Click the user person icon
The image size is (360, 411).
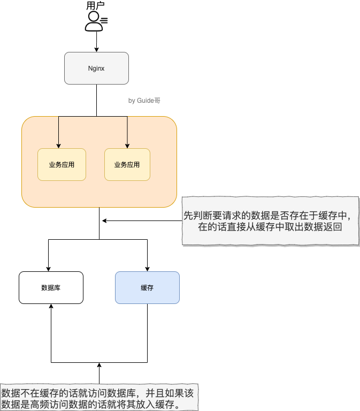coord(95,20)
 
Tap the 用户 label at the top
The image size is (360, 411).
coord(96,6)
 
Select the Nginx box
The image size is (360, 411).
coord(96,68)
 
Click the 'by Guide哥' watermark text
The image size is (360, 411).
coord(144,101)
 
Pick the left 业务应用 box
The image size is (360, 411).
coord(62,164)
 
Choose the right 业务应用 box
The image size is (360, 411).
coord(127,164)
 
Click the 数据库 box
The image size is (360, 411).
coord(51,287)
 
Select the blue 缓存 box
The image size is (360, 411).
coord(147,287)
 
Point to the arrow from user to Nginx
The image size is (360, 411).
coord(96,42)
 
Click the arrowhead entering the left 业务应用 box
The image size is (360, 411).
coord(58,145)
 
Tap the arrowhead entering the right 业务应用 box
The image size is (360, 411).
coord(127,145)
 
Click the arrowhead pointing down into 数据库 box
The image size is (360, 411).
coord(49,268)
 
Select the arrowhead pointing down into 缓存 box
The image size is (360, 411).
coord(147,268)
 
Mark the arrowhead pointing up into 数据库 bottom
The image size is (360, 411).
coord(51,307)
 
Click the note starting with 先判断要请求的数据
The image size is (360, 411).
coord(270,220)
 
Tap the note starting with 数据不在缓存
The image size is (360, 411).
coord(99,398)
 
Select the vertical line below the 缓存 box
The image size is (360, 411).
coord(147,332)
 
